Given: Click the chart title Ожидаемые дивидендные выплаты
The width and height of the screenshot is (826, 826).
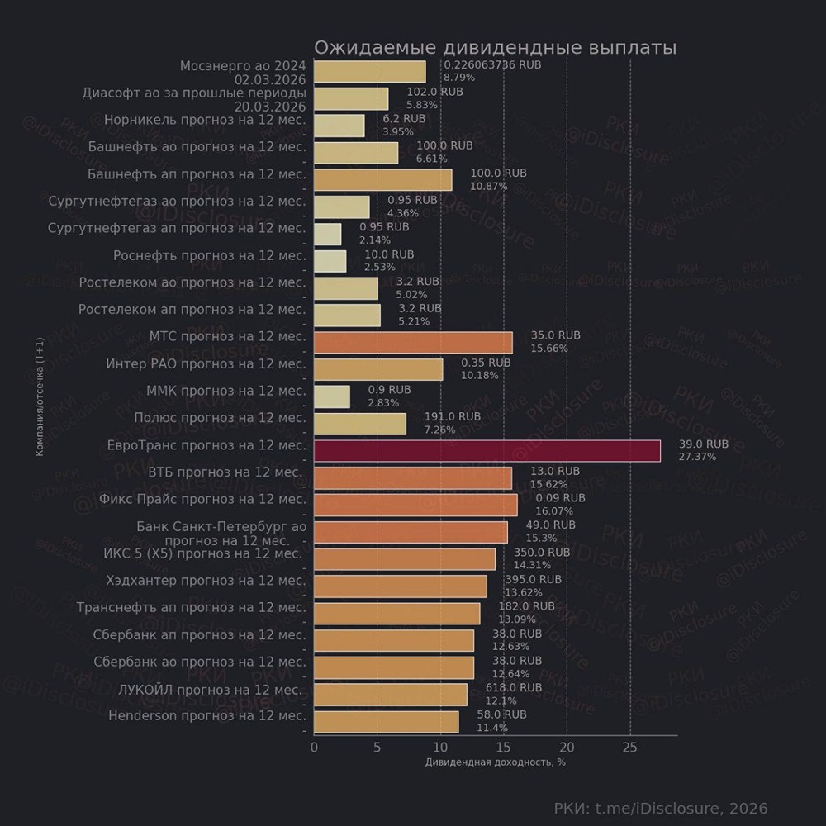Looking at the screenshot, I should click(495, 47).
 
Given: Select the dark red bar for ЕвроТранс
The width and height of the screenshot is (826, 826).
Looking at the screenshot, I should click(487, 450).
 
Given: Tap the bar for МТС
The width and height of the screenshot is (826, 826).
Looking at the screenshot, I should click(413, 342).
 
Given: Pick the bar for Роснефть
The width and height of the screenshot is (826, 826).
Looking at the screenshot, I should click(330, 261).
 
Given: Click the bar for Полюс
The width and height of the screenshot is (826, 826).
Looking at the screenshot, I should click(360, 424).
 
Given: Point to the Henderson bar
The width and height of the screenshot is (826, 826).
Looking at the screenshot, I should click(386, 722).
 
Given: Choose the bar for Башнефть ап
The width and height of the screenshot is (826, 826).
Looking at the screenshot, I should click(383, 180).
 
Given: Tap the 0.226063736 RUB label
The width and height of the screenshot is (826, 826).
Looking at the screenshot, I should click(492, 64).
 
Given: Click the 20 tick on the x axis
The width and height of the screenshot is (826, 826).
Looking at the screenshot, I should click(567, 747).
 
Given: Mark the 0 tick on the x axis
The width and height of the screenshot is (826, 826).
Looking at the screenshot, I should click(314, 747).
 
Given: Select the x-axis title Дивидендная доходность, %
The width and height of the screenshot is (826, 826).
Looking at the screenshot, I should click(495, 762).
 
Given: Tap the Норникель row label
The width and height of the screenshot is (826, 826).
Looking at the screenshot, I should click(205, 120).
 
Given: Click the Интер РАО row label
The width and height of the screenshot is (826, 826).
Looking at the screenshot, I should click(206, 363).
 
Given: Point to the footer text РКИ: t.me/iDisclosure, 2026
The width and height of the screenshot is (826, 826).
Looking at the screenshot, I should click(661, 808).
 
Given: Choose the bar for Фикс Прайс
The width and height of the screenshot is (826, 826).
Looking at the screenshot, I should click(415, 505).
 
